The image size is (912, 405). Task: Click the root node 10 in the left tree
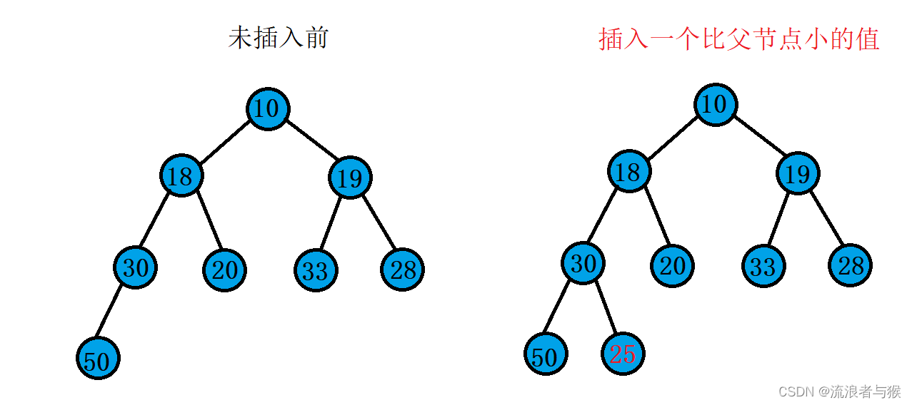[x=268, y=109]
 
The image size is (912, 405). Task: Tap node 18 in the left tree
[x=181, y=176]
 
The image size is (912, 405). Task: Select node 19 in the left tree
[x=350, y=178]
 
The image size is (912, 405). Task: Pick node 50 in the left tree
[x=98, y=359]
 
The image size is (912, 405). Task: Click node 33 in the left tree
[x=316, y=270]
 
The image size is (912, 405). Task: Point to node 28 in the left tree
[x=403, y=270]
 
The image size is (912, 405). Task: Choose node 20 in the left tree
[x=225, y=270]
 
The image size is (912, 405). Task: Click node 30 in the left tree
[x=135, y=267]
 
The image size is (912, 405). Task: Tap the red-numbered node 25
[x=623, y=353]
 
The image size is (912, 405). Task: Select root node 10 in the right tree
[x=715, y=105]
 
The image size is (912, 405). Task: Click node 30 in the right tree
[x=583, y=263]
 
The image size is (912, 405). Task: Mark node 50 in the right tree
[x=546, y=354]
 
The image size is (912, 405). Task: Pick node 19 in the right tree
[x=798, y=173]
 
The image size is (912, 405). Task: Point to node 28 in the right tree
[x=850, y=265]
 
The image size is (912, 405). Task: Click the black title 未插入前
[x=278, y=38]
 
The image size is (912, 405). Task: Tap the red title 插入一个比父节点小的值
[x=738, y=39]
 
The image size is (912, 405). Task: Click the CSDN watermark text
[x=839, y=391]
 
